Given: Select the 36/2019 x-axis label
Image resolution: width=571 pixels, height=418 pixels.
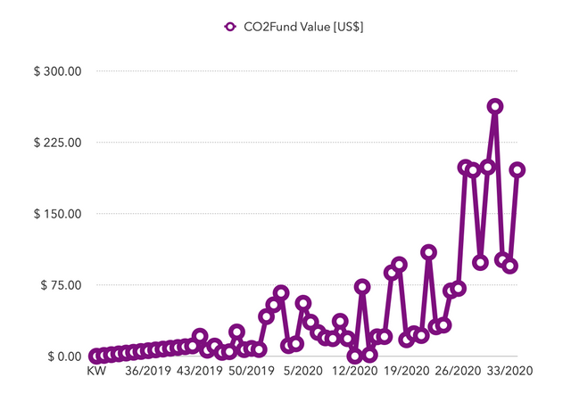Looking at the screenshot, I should (x=148, y=371).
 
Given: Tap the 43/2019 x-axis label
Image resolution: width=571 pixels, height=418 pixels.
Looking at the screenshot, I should (x=200, y=371).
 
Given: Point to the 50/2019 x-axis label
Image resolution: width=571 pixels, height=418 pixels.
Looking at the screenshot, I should (x=252, y=371).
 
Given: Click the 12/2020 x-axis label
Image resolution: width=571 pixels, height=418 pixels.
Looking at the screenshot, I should (x=355, y=371).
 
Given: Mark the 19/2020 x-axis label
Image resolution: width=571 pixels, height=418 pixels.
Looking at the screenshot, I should (x=407, y=371).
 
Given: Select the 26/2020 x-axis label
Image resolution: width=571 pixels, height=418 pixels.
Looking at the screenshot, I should (x=459, y=371).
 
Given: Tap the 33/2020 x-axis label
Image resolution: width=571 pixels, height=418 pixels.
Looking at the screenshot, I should (x=510, y=371).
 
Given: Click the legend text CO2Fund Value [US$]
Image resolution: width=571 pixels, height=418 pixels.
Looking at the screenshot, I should (x=304, y=27).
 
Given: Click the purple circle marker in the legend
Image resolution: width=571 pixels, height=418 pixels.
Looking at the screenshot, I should (x=228, y=27).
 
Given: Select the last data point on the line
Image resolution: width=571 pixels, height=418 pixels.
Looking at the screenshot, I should (x=517, y=169).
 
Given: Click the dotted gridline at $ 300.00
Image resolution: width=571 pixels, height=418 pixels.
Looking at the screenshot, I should (x=312, y=71).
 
